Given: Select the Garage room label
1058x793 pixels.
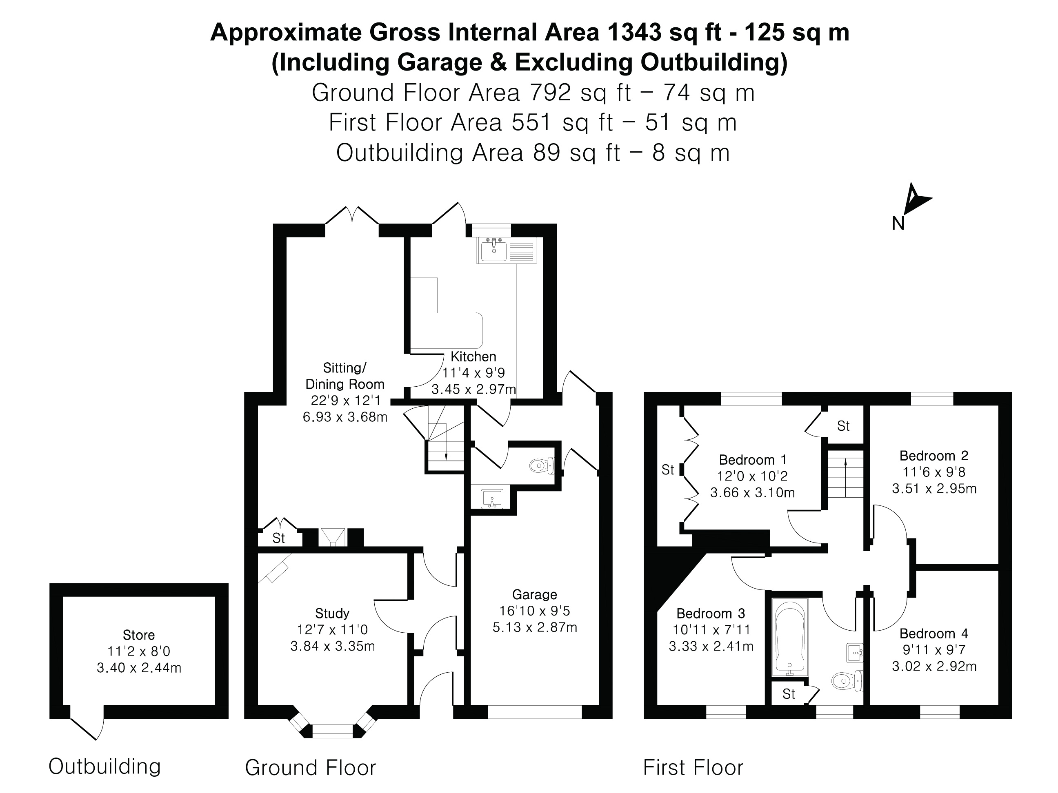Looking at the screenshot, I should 534,594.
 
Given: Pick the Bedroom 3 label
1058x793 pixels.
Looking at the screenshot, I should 710,613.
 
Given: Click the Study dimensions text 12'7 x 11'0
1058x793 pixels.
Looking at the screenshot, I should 332,629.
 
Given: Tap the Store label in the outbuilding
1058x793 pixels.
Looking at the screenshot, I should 139,635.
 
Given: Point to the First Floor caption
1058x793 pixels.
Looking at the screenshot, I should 693,768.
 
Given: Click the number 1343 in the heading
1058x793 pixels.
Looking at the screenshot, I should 633,33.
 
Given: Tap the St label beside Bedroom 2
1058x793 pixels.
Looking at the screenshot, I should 843,425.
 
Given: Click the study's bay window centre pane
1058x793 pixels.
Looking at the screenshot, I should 332,731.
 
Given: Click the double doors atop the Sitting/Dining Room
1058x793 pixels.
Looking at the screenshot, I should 352,216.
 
